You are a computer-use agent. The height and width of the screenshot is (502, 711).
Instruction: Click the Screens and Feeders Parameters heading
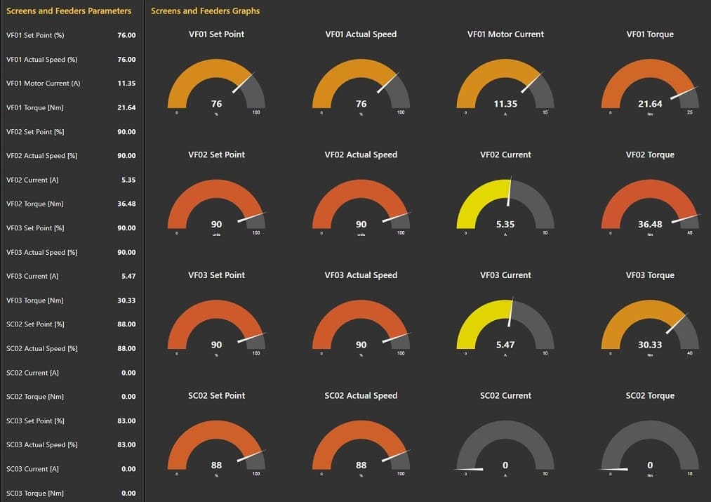69,11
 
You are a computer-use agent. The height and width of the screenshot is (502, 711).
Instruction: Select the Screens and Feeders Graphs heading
205,11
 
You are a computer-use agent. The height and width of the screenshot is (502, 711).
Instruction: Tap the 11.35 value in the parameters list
126,84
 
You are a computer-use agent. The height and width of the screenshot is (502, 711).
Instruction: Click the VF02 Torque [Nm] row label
35,204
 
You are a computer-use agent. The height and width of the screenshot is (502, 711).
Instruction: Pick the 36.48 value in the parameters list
126,204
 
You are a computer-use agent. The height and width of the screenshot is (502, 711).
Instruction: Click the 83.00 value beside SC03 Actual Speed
126,445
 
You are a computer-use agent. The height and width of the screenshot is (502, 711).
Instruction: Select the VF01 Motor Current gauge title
505,34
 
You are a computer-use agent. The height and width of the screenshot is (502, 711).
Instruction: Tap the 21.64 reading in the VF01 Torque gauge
650,104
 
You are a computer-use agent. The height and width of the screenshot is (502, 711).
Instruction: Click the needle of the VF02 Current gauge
510,190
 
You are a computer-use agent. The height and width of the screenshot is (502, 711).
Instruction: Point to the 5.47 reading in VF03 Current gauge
505,345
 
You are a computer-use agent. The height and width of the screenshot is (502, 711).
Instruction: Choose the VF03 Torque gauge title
650,275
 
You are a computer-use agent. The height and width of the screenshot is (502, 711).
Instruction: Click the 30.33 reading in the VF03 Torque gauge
650,345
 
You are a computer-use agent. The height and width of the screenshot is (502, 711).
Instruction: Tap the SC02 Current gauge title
505,396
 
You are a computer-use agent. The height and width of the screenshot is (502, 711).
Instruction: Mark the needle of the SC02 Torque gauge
613,469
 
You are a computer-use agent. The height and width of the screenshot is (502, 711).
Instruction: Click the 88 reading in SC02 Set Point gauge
216,465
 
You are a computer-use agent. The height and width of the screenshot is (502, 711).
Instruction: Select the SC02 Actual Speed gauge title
361,396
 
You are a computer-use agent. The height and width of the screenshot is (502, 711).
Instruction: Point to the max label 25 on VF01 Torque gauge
689,112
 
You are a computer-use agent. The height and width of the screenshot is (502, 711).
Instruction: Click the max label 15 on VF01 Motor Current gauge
545,112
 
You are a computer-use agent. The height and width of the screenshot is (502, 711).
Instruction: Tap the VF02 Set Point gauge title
216,155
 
